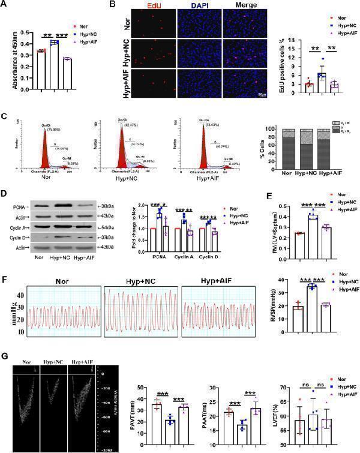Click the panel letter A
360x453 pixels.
5,6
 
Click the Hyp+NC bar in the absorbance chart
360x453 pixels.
54,65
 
